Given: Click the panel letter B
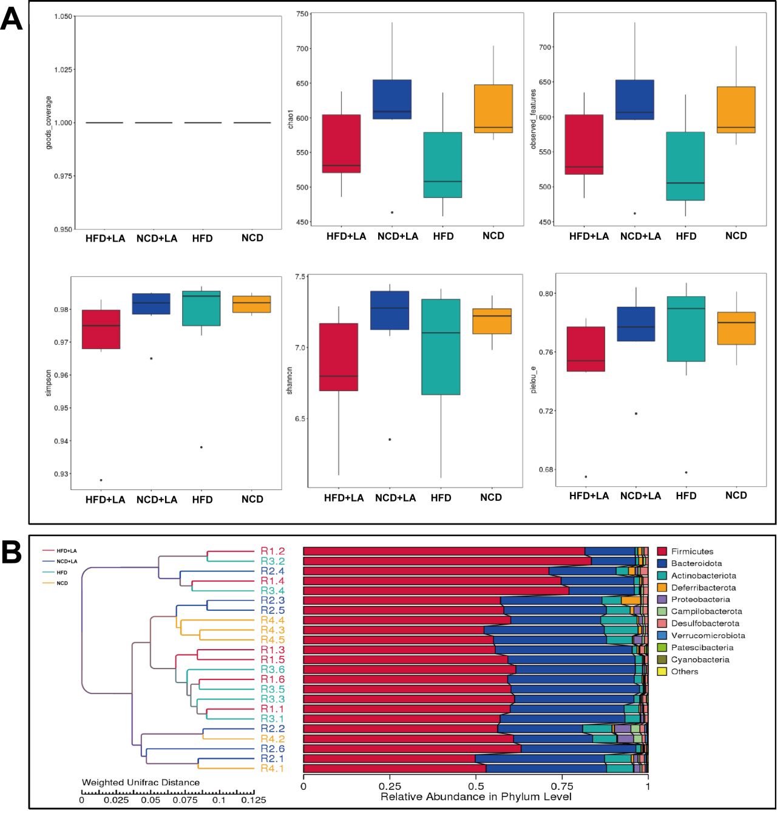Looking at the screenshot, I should (x=12, y=553).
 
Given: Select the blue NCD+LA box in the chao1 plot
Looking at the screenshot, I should (x=391, y=99).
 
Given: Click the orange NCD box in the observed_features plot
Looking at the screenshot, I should (x=736, y=109).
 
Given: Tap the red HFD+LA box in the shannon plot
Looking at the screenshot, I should (x=339, y=357).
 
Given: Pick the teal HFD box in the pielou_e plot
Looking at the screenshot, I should (x=686, y=328).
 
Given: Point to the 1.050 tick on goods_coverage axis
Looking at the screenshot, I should (x=63, y=16).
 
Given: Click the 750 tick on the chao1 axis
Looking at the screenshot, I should (x=302, y=14).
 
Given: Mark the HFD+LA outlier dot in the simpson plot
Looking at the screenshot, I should (x=101, y=480).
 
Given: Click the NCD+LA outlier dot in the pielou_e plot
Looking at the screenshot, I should (x=636, y=413).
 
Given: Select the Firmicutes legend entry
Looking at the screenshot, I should (x=692, y=551).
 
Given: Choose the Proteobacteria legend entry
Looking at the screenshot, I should (x=700, y=599).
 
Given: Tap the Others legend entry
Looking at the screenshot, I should (x=684, y=672).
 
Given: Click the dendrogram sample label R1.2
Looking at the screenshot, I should (x=273, y=551).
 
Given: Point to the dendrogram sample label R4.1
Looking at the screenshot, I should (x=273, y=769).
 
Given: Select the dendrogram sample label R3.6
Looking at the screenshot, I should (x=273, y=670).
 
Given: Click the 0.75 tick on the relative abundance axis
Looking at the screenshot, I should (x=562, y=786).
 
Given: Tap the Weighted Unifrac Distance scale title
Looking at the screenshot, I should (x=141, y=782).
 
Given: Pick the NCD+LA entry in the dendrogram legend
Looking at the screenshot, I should (x=67, y=562).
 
